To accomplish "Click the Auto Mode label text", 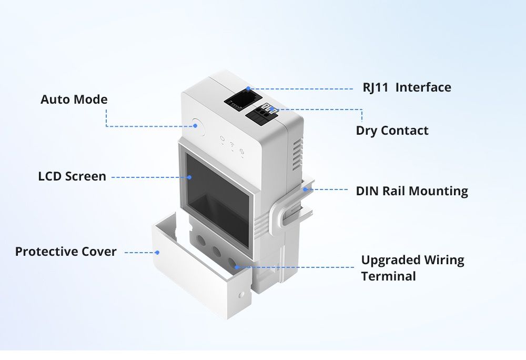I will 74,99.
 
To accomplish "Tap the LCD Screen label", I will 72,176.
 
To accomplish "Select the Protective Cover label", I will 66,252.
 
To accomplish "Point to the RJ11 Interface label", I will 407,87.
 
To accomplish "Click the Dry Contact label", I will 392,131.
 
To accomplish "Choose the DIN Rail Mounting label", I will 412,191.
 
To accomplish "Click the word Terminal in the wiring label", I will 388,276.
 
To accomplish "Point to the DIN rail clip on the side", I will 295,211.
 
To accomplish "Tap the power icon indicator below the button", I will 223,140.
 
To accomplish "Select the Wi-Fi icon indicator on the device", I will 232,144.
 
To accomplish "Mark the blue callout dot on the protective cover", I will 157,252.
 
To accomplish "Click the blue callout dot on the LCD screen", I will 189,177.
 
